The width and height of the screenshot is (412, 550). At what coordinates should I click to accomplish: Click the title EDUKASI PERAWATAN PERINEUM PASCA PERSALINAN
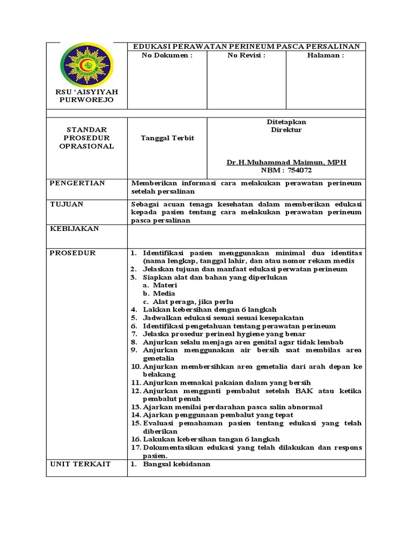(246, 47)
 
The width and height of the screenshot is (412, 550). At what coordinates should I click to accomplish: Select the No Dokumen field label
(166, 55)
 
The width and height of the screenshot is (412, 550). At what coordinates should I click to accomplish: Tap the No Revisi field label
(246, 55)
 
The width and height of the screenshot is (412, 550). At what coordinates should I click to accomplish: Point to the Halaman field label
(326, 55)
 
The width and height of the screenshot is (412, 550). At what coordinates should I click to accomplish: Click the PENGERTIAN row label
(77, 183)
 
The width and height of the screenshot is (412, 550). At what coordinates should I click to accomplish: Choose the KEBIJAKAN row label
(74, 228)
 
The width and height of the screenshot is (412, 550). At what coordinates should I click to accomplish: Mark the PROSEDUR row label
(72, 252)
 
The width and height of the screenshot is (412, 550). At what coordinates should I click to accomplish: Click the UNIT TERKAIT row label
(80, 464)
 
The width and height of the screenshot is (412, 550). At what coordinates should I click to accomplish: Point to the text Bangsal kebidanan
(176, 464)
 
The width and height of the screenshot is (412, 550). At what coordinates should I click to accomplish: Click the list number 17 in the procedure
(136, 447)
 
